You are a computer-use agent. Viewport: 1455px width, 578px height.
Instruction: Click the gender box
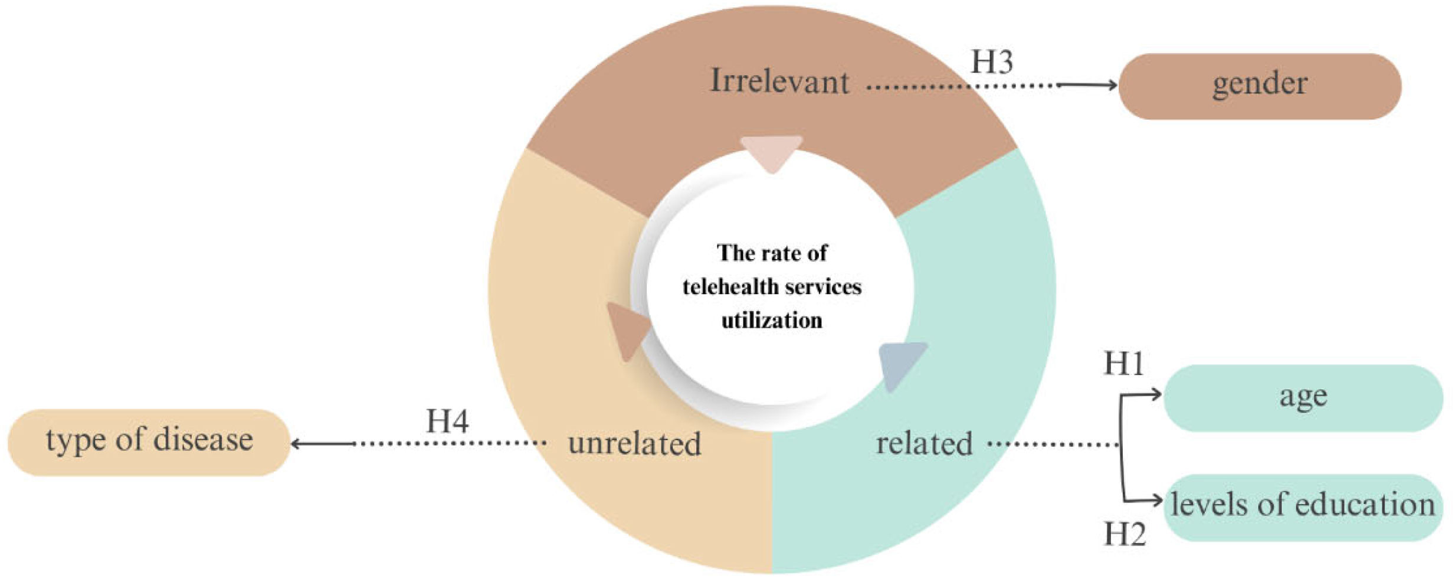coord(1259,86)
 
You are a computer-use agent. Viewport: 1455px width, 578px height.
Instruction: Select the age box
coord(1303,397)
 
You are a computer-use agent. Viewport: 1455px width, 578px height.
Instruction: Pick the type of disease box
coord(149,442)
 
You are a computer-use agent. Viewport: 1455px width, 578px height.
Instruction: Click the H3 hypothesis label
coord(992,62)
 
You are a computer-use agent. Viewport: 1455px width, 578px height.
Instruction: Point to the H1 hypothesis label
coord(1123,363)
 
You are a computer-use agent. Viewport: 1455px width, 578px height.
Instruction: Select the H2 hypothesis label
coord(1125,534)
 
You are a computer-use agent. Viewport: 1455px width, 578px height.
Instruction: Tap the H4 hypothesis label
coord(447,422)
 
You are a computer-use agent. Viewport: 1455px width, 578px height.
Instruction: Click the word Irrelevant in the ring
coord(779,81)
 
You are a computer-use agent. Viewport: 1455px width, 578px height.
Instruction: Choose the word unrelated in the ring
coord(634,444)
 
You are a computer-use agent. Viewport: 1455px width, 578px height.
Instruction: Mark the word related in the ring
coord(924,444)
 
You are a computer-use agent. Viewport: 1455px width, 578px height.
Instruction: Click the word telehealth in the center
coord(729,288)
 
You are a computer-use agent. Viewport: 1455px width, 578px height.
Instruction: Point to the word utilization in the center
coord(772,321)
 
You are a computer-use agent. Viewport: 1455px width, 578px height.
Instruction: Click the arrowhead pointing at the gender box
coord(1112,86)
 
